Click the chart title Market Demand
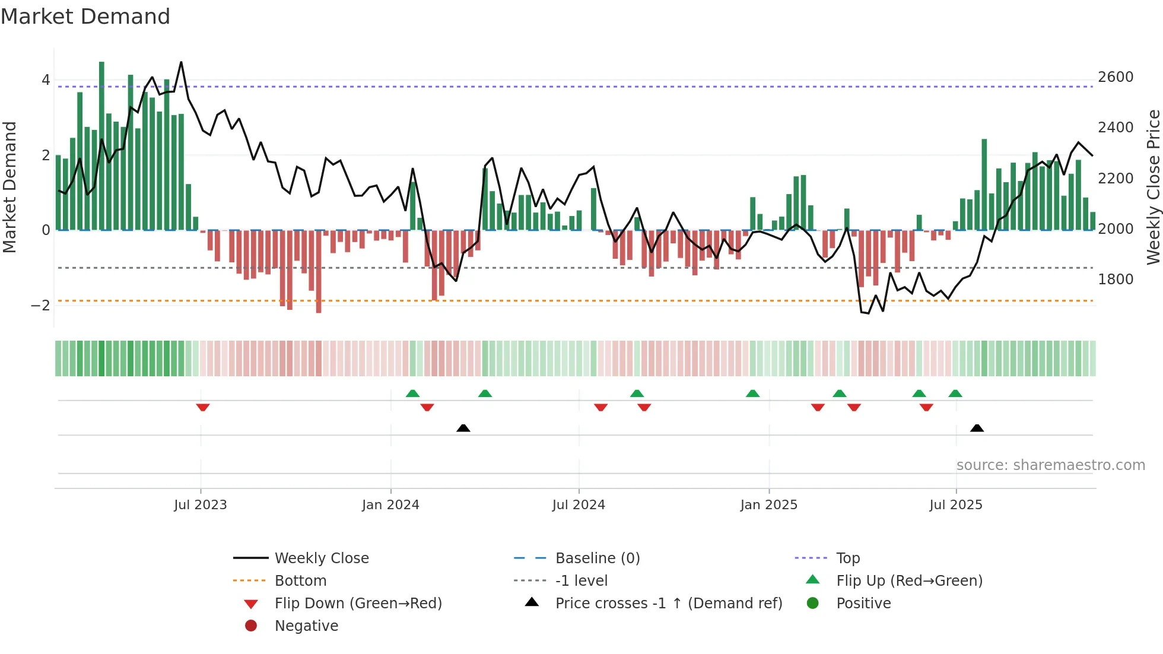coord(85,17)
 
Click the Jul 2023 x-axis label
coord(201,505)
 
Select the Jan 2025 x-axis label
coord(769,505)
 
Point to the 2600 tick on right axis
coord(1116,77)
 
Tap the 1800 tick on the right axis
coord(1116,280)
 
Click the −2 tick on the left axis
coord(41,306)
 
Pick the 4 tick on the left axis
coord(46,80)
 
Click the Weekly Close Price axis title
coord(1153,187)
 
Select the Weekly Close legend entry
coord(322,558)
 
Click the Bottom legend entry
coord(300,581)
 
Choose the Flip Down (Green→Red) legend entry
coord(358,604)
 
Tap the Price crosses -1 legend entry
coord(669,604)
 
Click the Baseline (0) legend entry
coord(598,558)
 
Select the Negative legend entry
coord(306,626)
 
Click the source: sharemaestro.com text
coord(1050,465)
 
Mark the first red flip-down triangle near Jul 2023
coord(203,407)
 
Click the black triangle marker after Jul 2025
coord(977,428)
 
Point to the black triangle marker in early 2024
coord(463,428)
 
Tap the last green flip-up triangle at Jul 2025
coord(955,393)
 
